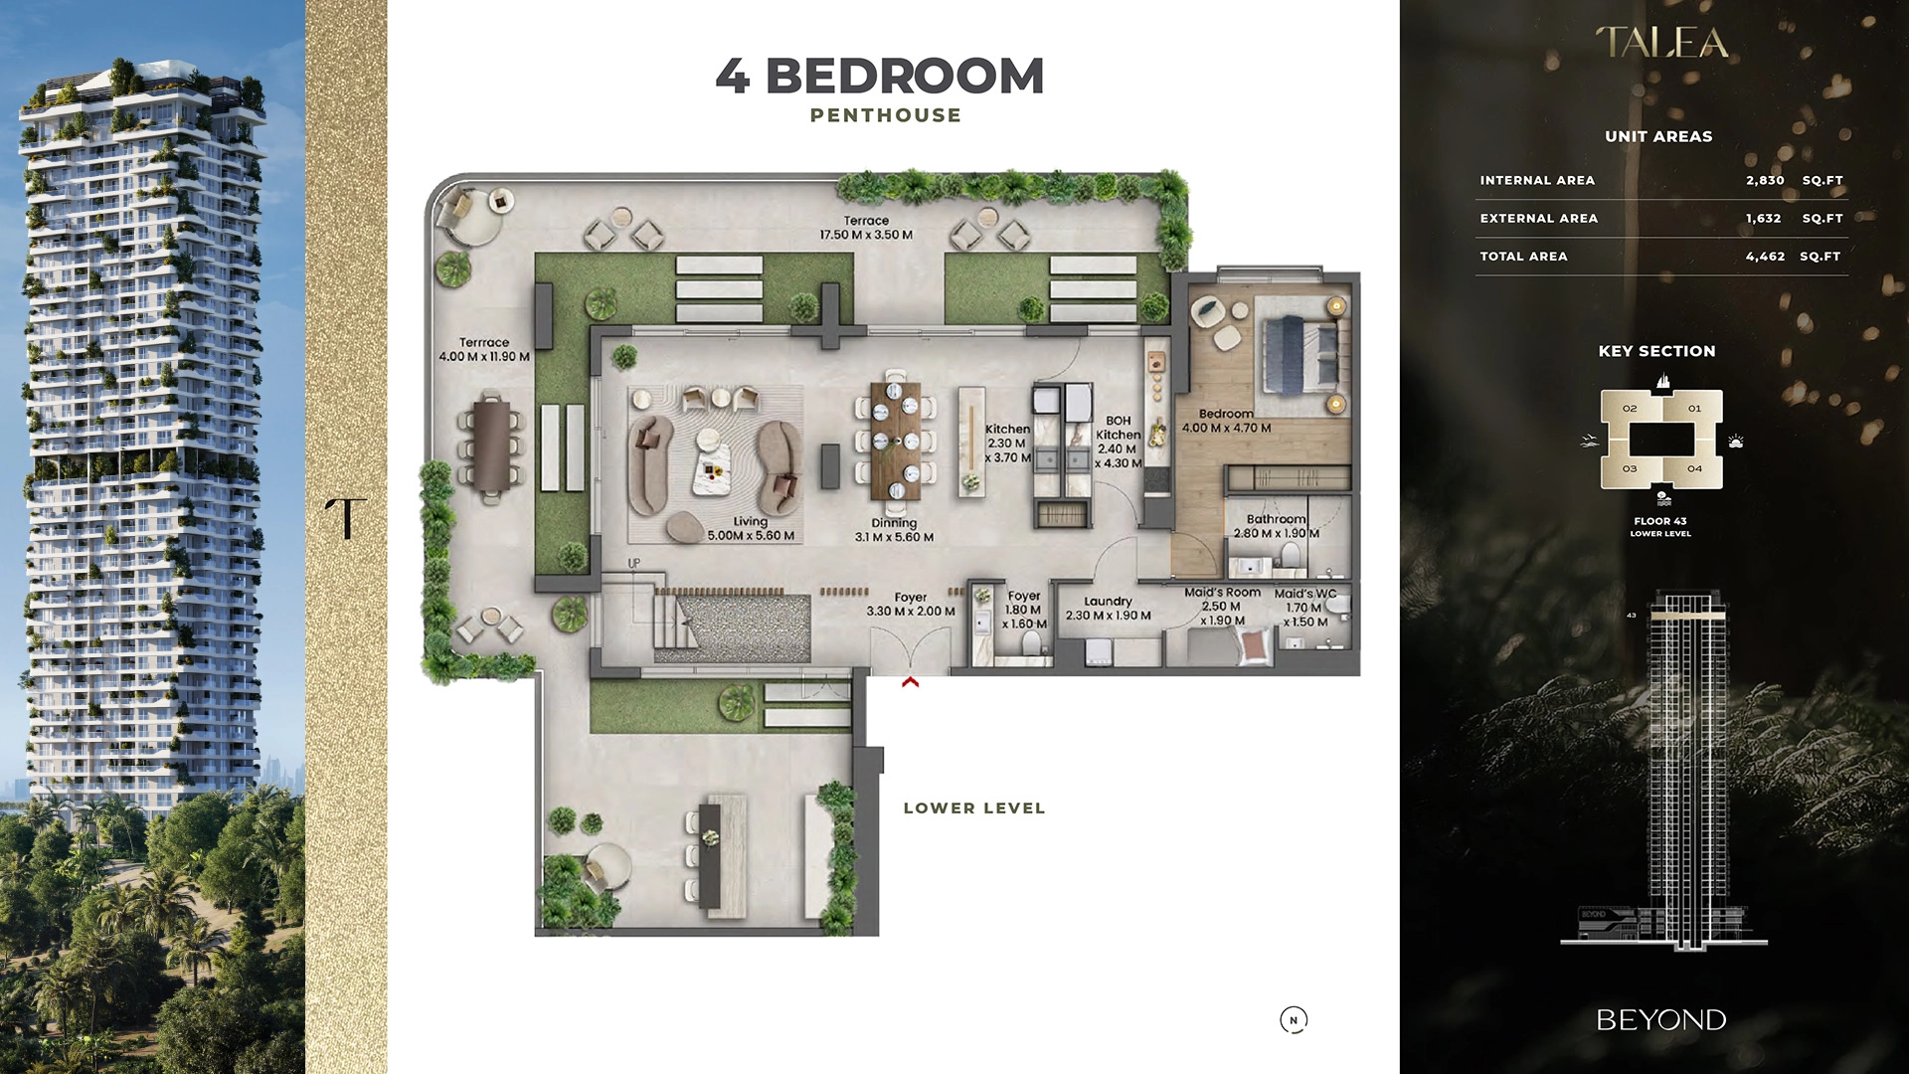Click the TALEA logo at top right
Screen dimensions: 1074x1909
coord(1661,43)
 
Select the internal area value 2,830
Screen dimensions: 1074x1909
coord(1765,181)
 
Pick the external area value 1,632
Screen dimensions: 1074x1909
coord(1763,219)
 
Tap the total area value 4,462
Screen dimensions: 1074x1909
coord(1765,257)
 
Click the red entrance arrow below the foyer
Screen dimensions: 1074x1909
coord(910,682)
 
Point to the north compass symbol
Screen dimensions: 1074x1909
coord(1294,1019)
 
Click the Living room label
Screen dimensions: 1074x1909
coord(751,521)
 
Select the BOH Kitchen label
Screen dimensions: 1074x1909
coord(1118,428)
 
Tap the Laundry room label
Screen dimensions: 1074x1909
coord(1108,602)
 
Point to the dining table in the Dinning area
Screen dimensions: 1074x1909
coord(895,441)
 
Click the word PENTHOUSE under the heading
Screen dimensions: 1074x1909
coord(885,115)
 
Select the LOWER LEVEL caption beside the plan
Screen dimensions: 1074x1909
coord(974,808)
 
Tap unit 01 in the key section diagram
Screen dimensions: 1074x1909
coord(1694,409)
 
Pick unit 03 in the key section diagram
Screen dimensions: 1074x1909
coord(1630,468)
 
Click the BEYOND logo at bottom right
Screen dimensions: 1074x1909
coord(1660,1020)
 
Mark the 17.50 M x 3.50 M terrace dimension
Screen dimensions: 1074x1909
coord(866,235)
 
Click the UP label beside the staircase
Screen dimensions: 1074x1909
coord(634,564)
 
